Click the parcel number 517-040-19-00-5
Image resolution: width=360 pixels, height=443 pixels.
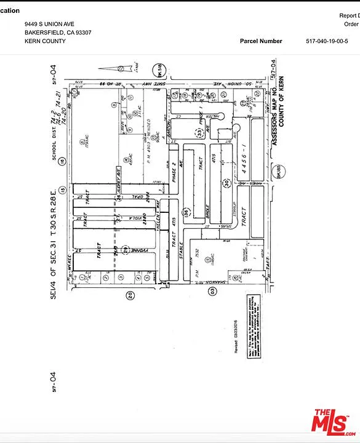click(331, 41)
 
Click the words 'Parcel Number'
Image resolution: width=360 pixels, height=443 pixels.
click(261, 41)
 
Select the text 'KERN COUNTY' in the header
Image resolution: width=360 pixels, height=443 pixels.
click(45, 41)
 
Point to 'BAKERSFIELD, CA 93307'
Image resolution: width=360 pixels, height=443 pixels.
click(58, 33)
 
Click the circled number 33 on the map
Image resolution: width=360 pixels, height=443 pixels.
click(200, 130)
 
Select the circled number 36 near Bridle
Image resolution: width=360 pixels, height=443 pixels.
click(185, 213)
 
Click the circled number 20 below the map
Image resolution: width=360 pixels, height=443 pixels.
click(130, 295)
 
